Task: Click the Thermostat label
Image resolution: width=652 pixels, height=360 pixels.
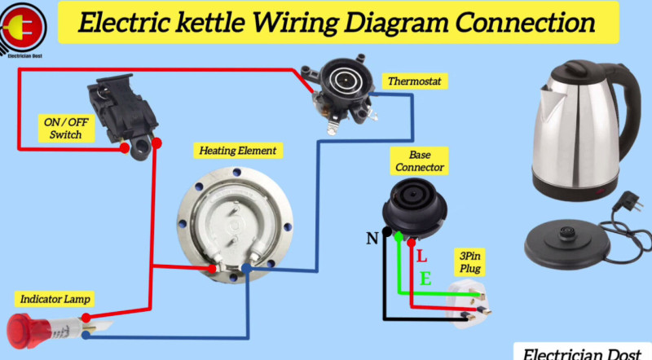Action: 413,81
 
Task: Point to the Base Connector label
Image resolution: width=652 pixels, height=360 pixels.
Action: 420,160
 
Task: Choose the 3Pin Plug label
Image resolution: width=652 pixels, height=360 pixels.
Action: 469,261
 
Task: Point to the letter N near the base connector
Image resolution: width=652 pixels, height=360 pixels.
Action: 372,238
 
